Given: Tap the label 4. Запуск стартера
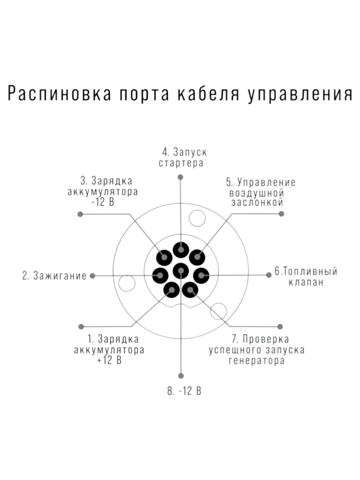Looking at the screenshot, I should (181, 158).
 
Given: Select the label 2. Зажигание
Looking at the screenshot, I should (54, 276).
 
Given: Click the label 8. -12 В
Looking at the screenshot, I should (184, 391).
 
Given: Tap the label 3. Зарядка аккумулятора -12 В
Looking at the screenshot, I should (103, 190).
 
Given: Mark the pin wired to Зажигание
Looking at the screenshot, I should (160, 275).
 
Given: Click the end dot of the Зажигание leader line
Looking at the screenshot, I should (93, 276).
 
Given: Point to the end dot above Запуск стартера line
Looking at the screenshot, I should (181, 176).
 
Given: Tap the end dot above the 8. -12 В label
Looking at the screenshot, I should (181, 376).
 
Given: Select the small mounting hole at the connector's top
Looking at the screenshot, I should (197, 218).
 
